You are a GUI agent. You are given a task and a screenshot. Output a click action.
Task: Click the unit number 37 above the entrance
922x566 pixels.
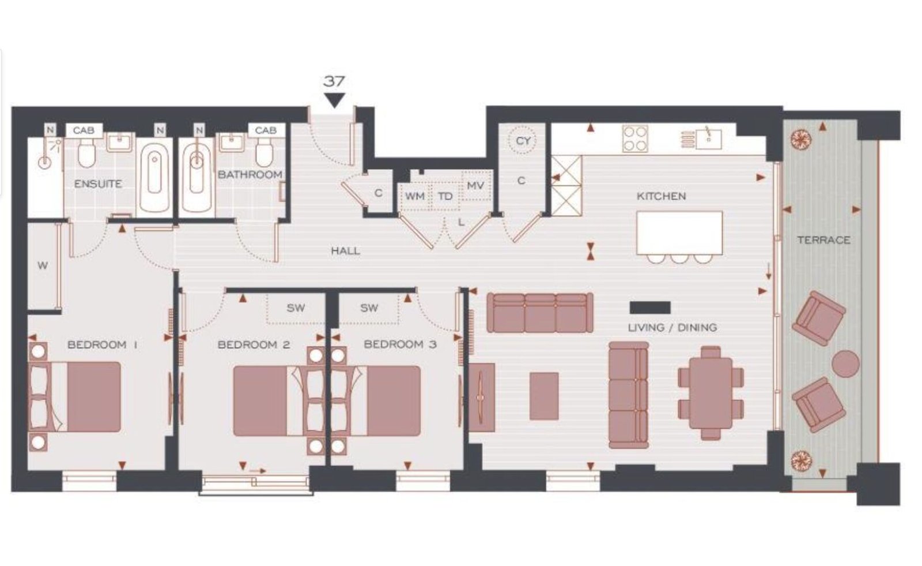coord(334,81)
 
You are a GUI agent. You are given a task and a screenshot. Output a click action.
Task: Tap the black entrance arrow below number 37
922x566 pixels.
coord(334,100)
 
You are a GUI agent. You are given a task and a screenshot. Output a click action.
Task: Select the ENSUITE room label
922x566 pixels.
coord(98,184)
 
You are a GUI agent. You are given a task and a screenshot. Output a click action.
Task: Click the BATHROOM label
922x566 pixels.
coord(250,174)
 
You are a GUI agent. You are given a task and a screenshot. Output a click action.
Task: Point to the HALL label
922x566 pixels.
coord(346,250)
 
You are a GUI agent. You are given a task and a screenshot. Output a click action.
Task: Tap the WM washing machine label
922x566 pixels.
coord(414,196)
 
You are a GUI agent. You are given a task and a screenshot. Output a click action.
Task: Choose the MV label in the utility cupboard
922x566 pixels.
coord(475,186)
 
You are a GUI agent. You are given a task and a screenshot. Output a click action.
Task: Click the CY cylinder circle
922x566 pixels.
coord(523,141)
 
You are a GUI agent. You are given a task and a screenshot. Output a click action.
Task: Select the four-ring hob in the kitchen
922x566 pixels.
coord(634,139)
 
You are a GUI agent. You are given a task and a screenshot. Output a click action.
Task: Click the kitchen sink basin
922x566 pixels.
coord(709,138)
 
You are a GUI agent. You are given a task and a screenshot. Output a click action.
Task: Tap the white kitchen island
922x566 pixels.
coord(679,233)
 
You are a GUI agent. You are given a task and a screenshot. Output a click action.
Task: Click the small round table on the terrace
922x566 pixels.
coord(845,363)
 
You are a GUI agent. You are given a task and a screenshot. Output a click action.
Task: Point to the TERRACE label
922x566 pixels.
coord(823,240)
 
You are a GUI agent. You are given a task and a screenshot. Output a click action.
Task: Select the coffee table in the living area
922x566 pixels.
coord(544,396)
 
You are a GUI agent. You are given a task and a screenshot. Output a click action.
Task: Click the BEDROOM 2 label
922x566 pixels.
coord(254,344)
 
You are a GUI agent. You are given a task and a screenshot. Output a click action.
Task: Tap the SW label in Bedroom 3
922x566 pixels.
coord(369,308)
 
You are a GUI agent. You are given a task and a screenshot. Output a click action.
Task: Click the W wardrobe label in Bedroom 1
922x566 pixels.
coord(43,266)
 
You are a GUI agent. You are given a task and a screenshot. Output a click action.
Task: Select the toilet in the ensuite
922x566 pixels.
coord(86,152)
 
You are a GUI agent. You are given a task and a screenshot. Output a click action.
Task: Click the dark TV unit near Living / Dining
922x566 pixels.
coord(650,308)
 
